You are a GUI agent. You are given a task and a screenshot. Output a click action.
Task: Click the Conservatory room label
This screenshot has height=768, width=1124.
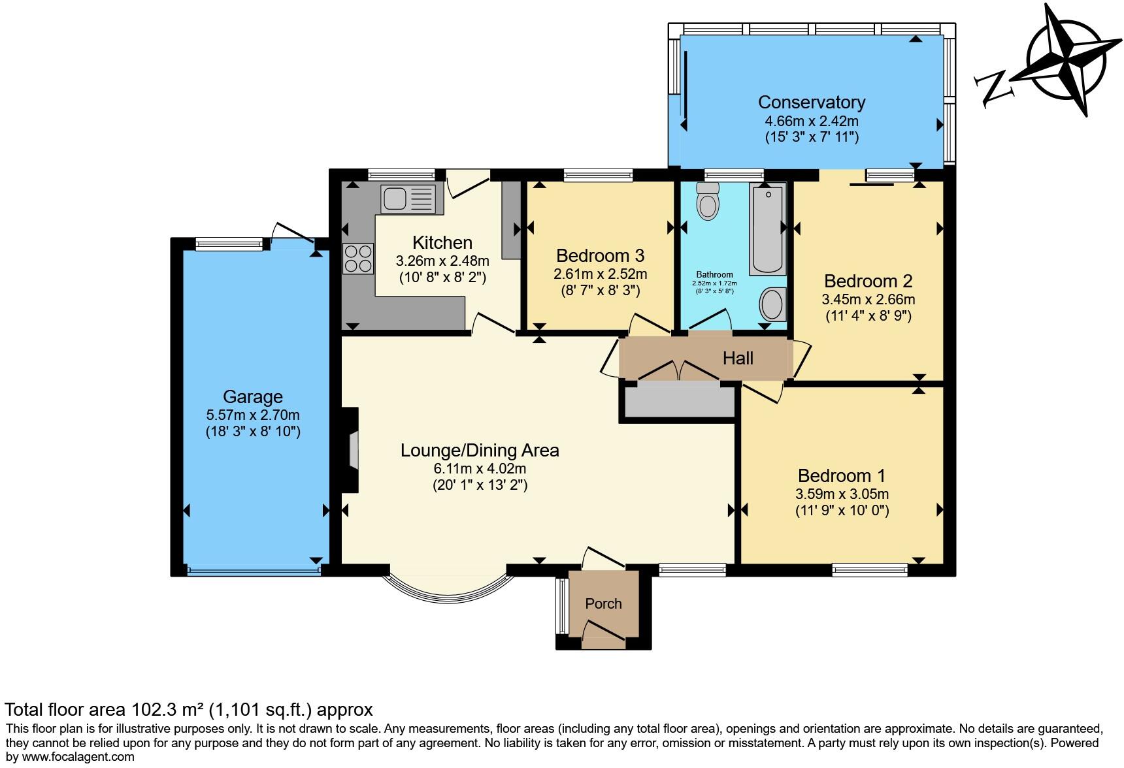tap(811, 102)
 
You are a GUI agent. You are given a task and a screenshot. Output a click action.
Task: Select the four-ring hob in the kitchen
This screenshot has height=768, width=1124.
tap(358, 258)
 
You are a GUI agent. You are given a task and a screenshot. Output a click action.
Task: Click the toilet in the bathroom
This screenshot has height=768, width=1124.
tap(707, 200)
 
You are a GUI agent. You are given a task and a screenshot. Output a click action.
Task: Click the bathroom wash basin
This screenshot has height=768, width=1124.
tap(772, 304)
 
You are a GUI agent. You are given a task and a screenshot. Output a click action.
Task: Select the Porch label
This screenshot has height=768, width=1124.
tap(603, 603)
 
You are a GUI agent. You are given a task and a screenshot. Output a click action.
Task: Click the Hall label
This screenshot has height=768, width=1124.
tap(738, 358)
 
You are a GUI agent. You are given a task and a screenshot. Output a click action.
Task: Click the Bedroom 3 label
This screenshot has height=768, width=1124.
tap(600, 255)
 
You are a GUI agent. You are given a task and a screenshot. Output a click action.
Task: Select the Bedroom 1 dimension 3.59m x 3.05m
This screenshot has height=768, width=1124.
tap(842, 494)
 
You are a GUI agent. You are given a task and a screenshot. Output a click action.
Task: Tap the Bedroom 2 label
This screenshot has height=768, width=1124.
tap(868, 281)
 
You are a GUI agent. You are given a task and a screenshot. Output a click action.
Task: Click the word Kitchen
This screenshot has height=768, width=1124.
tap(442, 242)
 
